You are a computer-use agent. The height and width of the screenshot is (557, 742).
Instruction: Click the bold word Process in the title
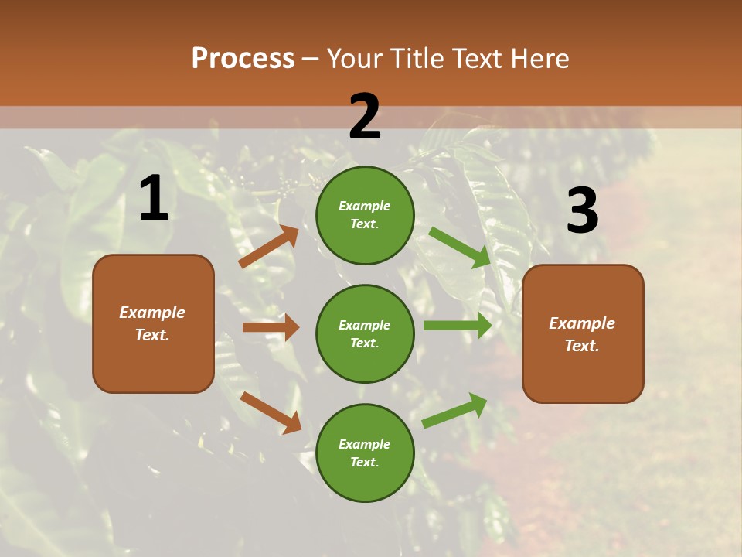pos(243,58)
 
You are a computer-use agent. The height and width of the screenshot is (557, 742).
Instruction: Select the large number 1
pos(154,198)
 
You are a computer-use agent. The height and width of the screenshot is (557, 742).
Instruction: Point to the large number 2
pos(365,117)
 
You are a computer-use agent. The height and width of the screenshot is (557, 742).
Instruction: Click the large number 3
pos(582,210)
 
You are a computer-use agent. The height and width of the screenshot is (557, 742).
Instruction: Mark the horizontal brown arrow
pos(271,327)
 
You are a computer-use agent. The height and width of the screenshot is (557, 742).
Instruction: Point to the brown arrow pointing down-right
pos(271,412)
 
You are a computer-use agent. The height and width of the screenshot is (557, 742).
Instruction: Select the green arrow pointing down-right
pos(460,247)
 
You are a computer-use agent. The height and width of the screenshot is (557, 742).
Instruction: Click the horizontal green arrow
pos(458,325)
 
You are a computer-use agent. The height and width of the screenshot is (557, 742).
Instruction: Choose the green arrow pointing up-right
pos(455,409)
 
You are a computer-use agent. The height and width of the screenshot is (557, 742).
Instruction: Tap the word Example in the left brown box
pos(152,313)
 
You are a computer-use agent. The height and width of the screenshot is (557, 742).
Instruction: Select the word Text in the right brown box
pos(581,346)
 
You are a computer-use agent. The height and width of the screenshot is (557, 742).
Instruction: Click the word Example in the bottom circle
pos(365,444)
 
